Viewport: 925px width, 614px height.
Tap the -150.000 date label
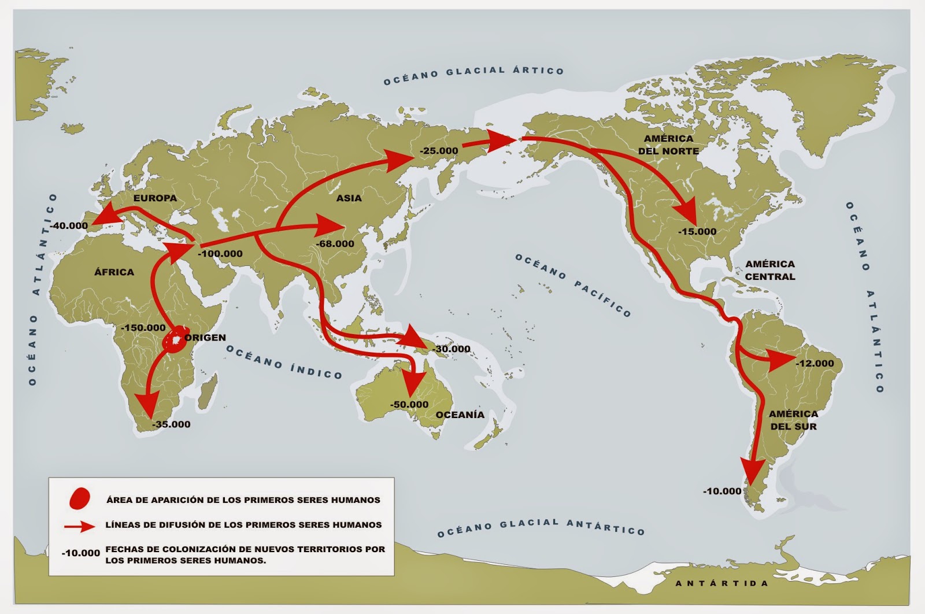click(143, 327)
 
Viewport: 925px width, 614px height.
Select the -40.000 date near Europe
click(69, 225)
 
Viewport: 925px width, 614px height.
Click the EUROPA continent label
click(155, 198)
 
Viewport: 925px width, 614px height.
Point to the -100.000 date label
click(220, 253)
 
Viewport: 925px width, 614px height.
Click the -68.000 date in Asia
click(335, 243)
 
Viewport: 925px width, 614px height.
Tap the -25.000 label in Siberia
click(438, 151)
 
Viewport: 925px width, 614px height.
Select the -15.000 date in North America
click(697, 231)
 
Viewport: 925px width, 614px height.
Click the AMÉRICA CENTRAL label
click(769, 270)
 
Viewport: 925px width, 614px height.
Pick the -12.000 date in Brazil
click(814, 364)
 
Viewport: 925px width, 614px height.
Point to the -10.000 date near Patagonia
click(721, 491)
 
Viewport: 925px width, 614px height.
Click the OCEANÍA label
click(460, 415)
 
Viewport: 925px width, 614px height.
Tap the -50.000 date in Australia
click(409, 404)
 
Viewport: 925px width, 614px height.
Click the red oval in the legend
click(80, 498)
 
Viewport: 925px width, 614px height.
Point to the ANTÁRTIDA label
click(721, 583)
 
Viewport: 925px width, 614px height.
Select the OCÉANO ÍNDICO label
click(284, 362)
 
